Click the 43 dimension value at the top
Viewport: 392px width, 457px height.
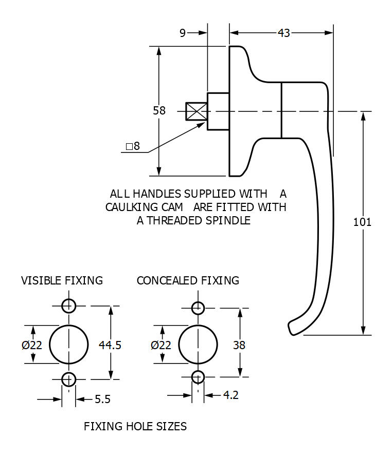pyautogui.click(x=283, y=33)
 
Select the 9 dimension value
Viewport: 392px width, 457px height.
pyautogui.click(x=183, y=33)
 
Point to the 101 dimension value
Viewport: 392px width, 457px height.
pyautogui.click(x=362, y=222)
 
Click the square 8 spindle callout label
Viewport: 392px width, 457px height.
pyautogui.click(x=133, y=146)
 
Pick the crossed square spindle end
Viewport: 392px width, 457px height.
pyautogui.click(x=196, y=111)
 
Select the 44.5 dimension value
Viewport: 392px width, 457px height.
pyautogui.click(x=110, y=345)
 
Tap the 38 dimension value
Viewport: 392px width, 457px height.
pyautogui.click(x=239, y=345)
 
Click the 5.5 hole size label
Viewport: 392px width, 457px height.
pyautogui.click(x=102, y=399)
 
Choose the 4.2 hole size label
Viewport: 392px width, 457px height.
pyautogui.click(x=230, y=395)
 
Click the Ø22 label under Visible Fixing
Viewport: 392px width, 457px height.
pyautogui.click(x=32, y=345)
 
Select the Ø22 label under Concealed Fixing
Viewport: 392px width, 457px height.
pyautogui.click(x=161, y=345)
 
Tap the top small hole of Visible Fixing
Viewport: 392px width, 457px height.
pyautogui.click(x=68, y=306)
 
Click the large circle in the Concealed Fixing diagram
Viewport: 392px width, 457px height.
pyautogui.click(x=198, y=344)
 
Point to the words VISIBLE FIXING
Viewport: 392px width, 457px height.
pyautogui.click(x=62, y=280)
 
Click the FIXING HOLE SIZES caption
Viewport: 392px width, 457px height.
pyautogui.click(x=135, y=426)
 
